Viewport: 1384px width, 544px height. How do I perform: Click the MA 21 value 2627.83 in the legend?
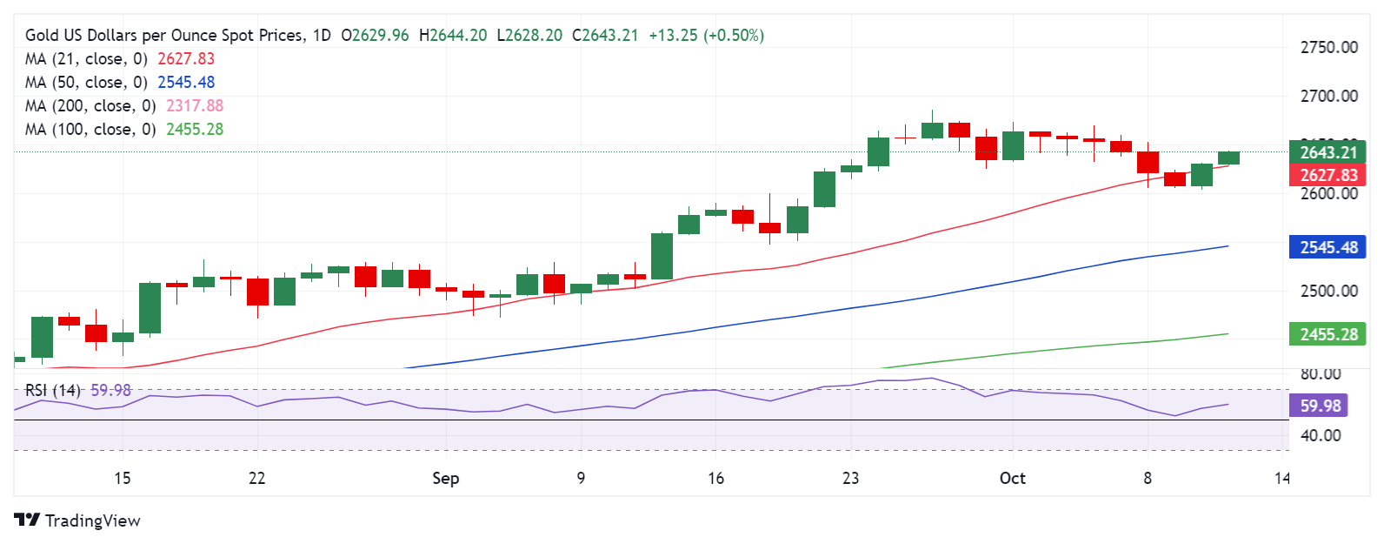click(x=185, y=59)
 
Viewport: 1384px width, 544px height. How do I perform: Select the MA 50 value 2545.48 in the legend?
click(x=185, y=83)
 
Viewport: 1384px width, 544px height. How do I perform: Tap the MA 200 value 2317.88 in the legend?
click(x=194, y=106)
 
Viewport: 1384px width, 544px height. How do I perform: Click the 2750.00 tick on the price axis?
click(x=1328, y=48)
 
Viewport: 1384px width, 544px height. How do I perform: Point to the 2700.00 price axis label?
click(x=1328, y=97)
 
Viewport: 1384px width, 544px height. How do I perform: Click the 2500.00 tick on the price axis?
click(x=1328, y=292)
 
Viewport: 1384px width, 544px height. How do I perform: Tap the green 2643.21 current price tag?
click(x=1327, y=152)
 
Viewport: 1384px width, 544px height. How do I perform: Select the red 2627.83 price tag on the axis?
click(x=1327, y=175)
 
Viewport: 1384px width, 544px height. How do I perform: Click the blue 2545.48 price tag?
click(x=1327, y=247)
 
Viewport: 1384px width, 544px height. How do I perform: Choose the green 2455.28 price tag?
click(x=1327, y=334)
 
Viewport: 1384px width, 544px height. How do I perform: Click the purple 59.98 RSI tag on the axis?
click(x=1320, y=406)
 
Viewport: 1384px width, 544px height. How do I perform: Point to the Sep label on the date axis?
click(x=445, y=479)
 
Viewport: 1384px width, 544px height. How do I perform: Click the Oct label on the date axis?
click(x=1012, y=479)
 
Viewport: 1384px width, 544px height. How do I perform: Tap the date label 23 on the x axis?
click(x=850, y=479)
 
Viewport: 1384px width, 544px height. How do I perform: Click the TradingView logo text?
click(x=91, y=520)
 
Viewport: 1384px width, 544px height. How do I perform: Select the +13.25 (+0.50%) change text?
click(x=706, y=36)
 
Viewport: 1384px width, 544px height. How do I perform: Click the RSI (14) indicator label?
click(x=52, y=391)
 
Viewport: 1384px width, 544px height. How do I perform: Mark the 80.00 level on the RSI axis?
click(x=1320, y=374)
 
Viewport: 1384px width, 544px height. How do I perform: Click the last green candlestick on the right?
click(x=1228, y=158)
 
